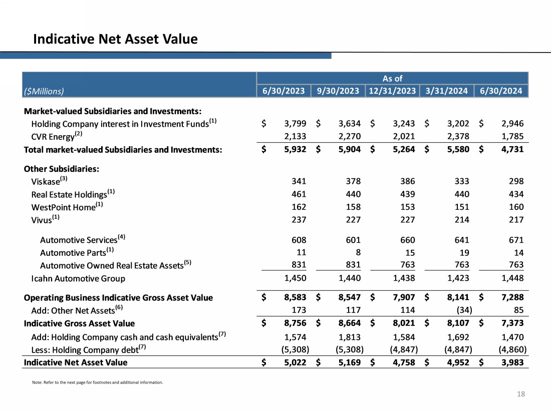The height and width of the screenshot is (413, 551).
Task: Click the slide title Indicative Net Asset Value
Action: pos(115,39)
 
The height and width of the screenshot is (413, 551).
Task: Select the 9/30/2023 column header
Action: pos(338,91)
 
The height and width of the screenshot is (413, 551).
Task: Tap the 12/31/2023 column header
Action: pos(392,91)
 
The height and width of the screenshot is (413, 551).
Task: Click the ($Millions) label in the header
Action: pos(44,91)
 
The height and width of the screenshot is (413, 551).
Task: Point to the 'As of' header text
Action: pos(392,78)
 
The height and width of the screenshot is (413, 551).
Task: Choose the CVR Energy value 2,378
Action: pos(458,136)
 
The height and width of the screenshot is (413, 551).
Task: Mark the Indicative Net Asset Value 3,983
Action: pos(512,362)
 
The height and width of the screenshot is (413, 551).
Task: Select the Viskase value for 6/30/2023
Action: pos(298,181)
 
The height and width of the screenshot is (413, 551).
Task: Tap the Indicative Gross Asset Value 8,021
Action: pos(404,323)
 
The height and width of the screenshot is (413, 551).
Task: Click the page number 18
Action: pos(521,394)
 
